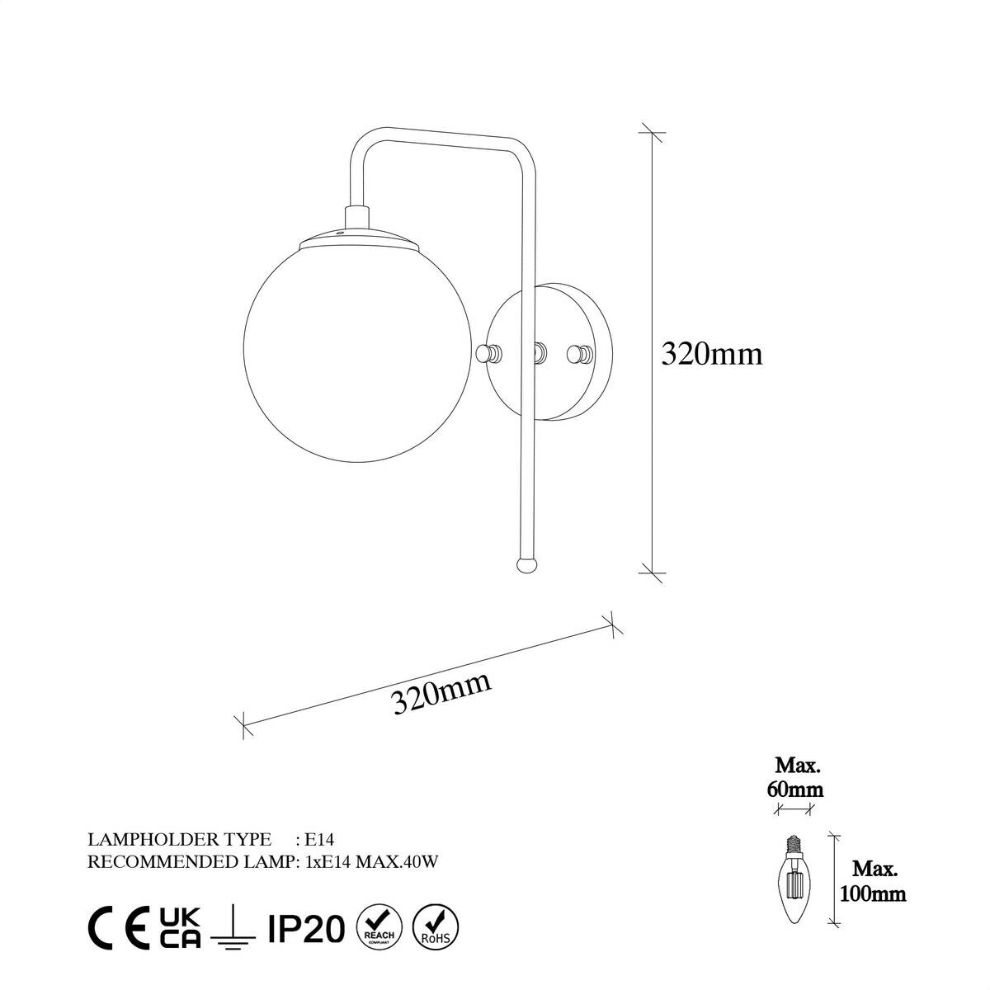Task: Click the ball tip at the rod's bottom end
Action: click(x=526, y=564)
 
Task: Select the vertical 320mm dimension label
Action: click(x=712, y=354)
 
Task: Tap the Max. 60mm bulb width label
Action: click(x=798, y=777)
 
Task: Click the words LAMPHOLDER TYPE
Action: click(x=179, y=840)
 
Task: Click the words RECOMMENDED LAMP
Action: click(x=190, y=862)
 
